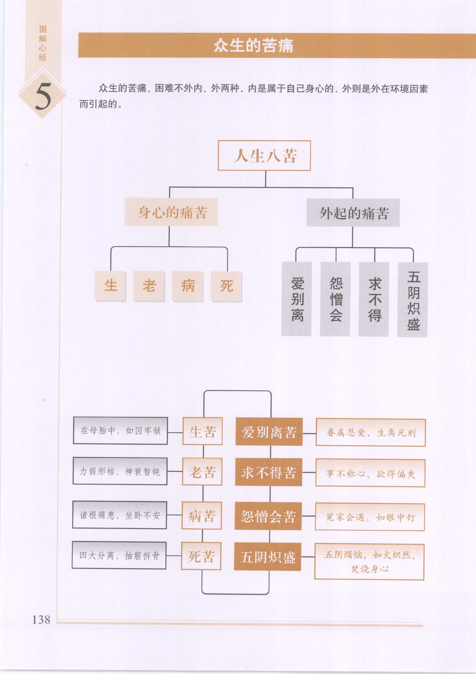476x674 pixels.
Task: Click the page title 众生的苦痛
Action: point(253,45)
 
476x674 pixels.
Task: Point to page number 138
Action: point(41,620)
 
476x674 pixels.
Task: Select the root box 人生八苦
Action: point(264,156)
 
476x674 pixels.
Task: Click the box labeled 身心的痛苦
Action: point(171,212)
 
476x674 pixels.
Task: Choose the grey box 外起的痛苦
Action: point(353,213)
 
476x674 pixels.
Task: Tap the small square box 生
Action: point(110,286)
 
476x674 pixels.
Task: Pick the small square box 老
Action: point(149,286)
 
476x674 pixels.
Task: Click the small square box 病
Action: point(188,286)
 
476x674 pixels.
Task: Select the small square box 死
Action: point(226,286)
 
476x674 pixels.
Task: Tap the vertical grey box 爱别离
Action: point(297,299)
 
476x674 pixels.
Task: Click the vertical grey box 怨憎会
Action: point(335,299)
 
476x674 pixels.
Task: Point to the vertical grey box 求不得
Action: point(374,299)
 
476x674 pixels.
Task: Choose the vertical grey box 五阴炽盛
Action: point(412,300)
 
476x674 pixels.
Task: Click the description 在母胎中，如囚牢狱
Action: point(120,431)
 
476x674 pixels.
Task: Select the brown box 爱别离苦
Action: point(269,432)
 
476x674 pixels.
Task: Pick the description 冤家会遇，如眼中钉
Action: point(370,517)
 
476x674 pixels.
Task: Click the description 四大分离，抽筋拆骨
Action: point(119,555)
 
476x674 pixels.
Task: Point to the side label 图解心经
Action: point(43,43)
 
